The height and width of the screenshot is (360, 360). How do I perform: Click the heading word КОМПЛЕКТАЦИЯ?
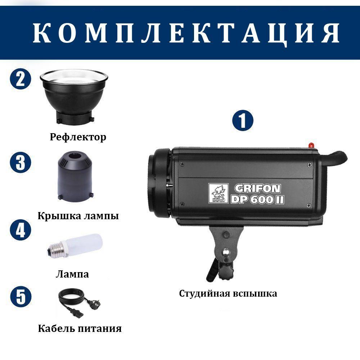coord(186,33)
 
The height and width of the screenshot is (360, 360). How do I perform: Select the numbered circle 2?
coord(21,79)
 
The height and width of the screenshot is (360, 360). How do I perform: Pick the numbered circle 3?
coord(21,162)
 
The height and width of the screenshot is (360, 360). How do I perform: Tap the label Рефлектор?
coord(78,137)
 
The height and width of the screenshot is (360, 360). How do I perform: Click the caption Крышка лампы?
coord(78,216)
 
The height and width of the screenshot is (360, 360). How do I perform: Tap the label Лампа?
coord(72,274)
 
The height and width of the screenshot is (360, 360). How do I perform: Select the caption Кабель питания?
coord(80,328)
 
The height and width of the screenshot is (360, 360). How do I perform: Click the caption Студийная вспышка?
coord(228,293)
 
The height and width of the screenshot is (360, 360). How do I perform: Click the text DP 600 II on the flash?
coord(257,199)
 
